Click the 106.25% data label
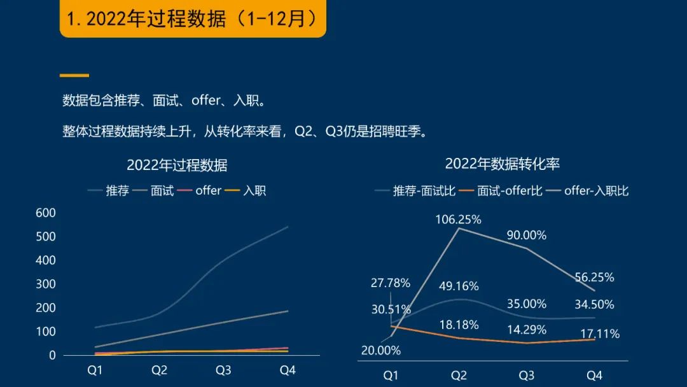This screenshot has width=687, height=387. coord(458,220)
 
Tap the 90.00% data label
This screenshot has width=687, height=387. coord(527,235)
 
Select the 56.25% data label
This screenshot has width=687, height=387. coord(594,278)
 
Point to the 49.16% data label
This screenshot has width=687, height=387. coord(459,286)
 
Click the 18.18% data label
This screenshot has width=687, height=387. coord(459,325)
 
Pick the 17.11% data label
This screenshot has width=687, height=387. coord(600,334)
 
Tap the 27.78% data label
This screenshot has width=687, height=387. coord(391,283)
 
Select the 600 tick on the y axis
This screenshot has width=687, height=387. coord(45,213)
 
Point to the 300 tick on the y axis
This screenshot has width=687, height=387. coord(45,284)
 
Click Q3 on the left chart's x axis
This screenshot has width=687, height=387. coord(223,370)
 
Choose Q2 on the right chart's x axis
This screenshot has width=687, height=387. coord(459,376)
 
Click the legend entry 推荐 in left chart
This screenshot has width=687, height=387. coord(118,190)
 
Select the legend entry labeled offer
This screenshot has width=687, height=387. coord(208,190)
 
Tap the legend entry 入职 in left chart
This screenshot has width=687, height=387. coord(254,190)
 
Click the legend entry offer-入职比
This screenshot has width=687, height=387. coord(596,190)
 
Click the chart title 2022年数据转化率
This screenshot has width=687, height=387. coord(503,164)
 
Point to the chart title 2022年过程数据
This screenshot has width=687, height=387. coord(177,165)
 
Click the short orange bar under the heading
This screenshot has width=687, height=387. coord(74,75)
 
